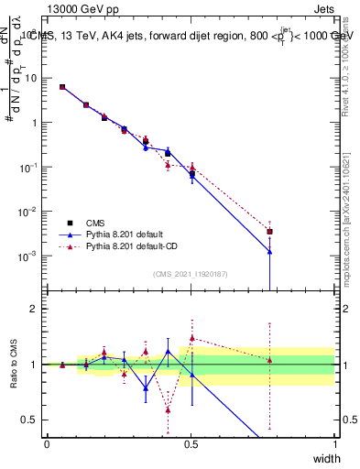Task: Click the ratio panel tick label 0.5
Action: (31, 420)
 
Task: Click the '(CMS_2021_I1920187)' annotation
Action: (191, 274)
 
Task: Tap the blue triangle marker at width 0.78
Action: (269, 252)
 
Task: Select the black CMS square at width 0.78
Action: (269, 232)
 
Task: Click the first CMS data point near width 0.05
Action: (62, 87)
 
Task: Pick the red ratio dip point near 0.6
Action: (168, 409)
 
